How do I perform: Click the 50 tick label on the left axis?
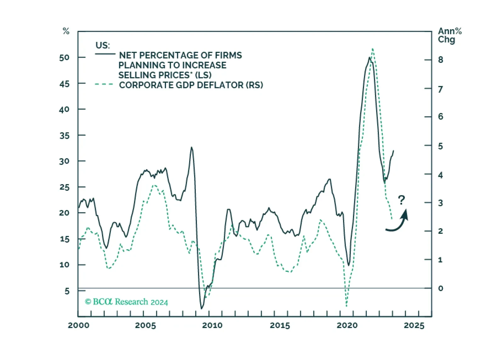(x=64, y=58)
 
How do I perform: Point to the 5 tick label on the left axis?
(x=67, y=291)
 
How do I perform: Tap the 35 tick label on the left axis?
(x=64, y=136)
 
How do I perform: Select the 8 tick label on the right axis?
(x=440, y=60)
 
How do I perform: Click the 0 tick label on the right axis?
(x=440, y=288)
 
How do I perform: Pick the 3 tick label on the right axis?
(x=440, y=203)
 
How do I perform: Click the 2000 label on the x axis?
(x=78, y=325)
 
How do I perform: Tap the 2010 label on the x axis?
(x=212, y=325)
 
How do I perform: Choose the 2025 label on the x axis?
(x=414, y=325)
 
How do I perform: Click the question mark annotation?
(x=401, y=200)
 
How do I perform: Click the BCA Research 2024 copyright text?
(x=127, y=302)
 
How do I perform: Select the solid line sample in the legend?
(x=105, y=54)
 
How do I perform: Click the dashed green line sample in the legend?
(x=104, y=84)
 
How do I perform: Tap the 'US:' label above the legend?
(x=103, y=45)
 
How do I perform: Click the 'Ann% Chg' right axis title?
(x=449, y=35)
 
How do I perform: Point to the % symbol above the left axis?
(x=66, y=31)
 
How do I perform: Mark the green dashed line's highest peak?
(x=373, y=49)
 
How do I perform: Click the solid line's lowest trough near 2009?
(x=201, y=308)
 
